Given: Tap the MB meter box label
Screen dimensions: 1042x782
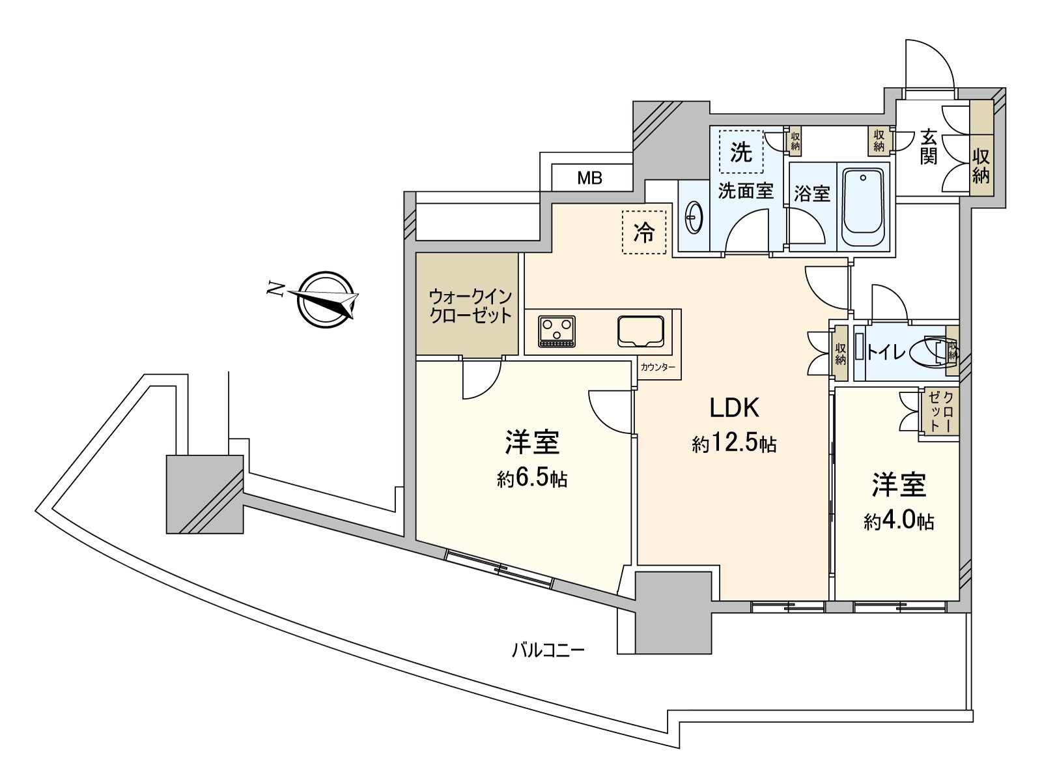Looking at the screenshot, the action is tap(589, 178).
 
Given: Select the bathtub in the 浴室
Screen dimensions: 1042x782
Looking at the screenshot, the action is tap(863, 207).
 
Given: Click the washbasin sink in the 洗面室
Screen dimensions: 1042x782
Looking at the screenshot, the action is tap(694, 218).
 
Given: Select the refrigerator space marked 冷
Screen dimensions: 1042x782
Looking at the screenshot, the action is tap(644, 232).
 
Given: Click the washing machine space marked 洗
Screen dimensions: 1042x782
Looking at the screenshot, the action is tap(741, 152).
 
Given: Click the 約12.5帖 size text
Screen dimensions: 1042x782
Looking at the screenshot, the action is tap(734, 444).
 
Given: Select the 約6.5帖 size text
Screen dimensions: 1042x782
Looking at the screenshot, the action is tap(531, 479).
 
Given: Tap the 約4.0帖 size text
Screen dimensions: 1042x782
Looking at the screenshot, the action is tap(899, 522).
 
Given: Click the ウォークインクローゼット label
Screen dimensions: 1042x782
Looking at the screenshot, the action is tap(470, 307).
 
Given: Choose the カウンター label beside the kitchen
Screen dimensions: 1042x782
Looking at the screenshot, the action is tap(658, 367).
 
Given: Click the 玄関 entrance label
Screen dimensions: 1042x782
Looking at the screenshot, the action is tap(929, 147).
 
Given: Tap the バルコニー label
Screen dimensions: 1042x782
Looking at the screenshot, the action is tap(548, 650).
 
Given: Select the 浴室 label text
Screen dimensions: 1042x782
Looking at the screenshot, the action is tap(812, 194).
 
